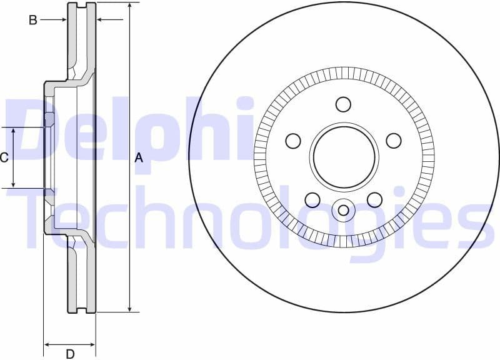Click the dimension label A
[x=139, y=158]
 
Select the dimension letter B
[x=32, y=20]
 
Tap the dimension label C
[x=4, y=157]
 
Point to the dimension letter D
[x=70, y=354]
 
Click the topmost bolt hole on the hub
[x=343, y=104]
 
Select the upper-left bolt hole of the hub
[x=293, y=141]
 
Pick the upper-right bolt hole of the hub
[x=393, y=141]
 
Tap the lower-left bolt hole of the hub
[x=312, y=199]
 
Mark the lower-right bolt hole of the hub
[x=374, y=199]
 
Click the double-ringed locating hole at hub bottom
[x=343, y=209]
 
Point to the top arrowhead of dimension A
[x=129, y=6]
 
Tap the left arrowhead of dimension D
[x=47, y=344]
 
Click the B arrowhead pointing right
[x=64, y=20]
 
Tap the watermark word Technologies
[x=250, y=219]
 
